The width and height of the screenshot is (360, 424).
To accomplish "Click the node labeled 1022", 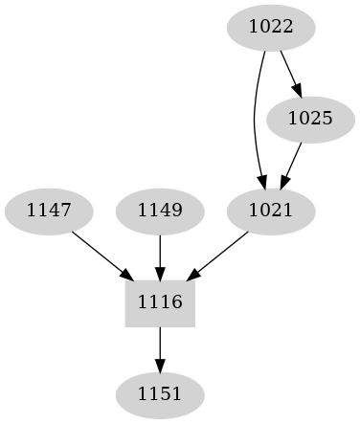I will [x=270, y=27].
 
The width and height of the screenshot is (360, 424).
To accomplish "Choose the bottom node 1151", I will [x=160, y=393].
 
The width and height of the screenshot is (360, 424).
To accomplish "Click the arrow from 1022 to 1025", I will [x=290, y=73].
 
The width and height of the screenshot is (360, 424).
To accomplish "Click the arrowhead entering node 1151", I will [x=160, y=365].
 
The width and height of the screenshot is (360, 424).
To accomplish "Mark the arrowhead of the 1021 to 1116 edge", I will [x=193, y=274].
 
